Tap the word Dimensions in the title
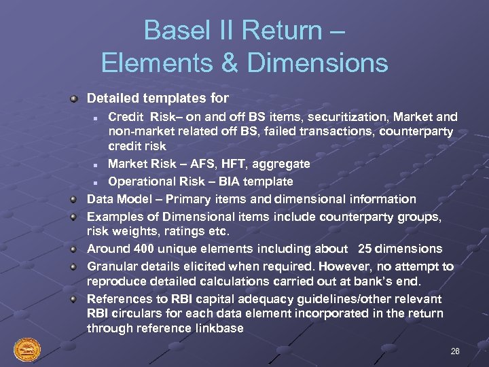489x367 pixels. tap(317, 63)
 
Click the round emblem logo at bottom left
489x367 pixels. tap(27, 350)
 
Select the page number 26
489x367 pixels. tap(454, 351)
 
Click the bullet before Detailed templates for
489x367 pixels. tap(74, 99)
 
